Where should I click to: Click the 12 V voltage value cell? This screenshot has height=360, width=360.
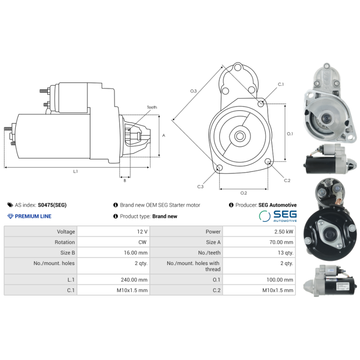coord(113,231)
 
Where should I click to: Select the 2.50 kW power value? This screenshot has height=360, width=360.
coord(258,231)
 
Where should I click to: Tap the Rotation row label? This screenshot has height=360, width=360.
coord(40,242)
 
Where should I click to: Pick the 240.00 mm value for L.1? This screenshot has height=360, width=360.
coord(113,279)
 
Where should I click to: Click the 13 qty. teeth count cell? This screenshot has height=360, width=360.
coord(258,253)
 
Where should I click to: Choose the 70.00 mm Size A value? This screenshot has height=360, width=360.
coord(258,242)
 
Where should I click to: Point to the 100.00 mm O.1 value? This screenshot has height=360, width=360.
coord(258,279)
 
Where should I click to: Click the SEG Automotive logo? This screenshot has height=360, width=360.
coord(278,216)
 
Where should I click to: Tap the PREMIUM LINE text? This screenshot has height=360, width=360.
coord(33,216)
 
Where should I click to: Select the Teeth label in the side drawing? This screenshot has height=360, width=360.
coord(152,108)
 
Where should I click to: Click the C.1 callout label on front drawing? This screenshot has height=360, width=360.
coord(280,84)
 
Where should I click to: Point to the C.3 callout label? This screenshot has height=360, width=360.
coord(200,186)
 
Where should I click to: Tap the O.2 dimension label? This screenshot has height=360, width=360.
coord(243,193)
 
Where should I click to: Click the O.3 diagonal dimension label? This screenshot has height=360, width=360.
coord(193,91)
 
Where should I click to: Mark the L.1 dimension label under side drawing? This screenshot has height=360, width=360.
coord(76,171)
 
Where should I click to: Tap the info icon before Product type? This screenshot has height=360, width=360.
coord(116,216)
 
